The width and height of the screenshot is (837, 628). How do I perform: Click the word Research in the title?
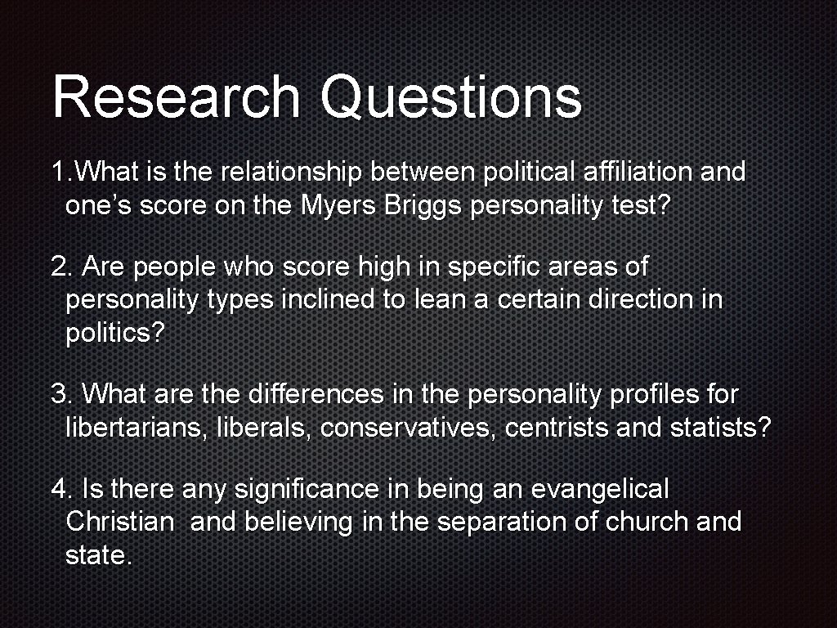click(x=176, y=96)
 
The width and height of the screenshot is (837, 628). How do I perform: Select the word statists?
click(x=720, y=427)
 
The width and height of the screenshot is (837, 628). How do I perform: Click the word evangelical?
click(x=599, y=490)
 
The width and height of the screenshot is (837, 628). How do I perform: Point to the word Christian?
click(x=119, y=522)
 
